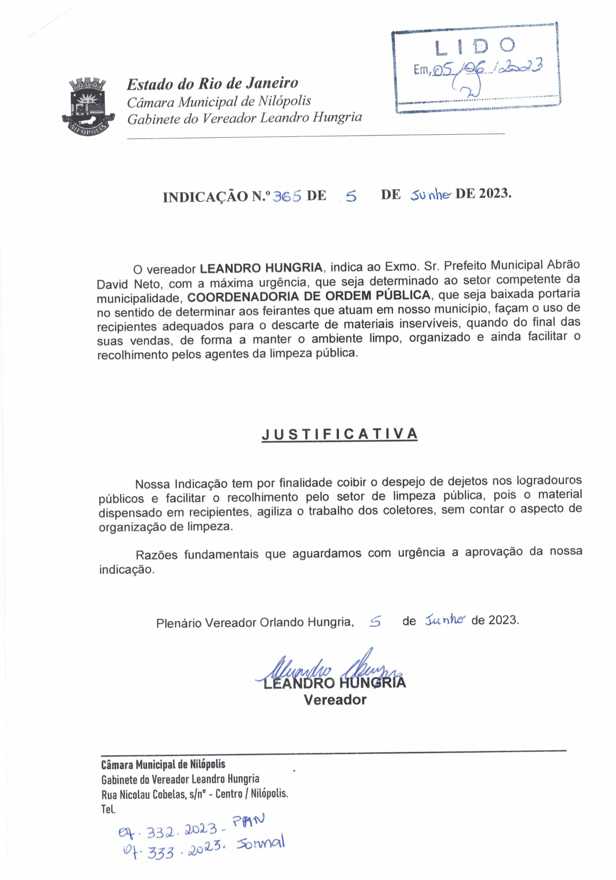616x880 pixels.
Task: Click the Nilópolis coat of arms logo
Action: coord(88,106)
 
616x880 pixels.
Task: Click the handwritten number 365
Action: coord(286,196)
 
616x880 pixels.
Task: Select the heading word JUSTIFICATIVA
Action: coord(339,434)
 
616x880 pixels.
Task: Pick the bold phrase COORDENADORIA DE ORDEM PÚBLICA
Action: coord(309,296)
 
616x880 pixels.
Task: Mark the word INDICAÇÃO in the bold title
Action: coord(205,197)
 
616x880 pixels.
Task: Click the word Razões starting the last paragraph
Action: coord(156,554)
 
